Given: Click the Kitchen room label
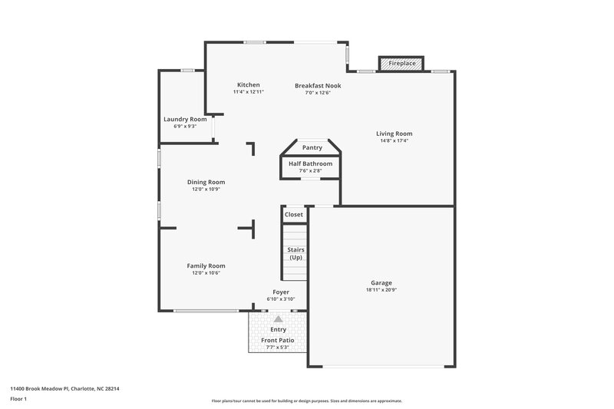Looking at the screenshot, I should [x=248, y=84].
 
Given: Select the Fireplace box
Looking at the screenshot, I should [x=401, y=64].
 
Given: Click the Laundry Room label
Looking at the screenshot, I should [x=185, y=119].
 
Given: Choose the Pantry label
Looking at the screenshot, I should [x=312, y=147].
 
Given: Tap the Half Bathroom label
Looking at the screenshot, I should [x=311, y=164].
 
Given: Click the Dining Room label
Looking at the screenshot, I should [x=206, y=182].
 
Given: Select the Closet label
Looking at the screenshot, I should [x=294, y=215].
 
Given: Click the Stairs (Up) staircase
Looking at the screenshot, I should [x=295, y=253].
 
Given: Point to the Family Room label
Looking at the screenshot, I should [x=206, y=266].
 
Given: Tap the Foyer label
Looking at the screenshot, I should [x=281, y=292].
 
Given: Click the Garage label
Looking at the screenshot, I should [x=381, y=282].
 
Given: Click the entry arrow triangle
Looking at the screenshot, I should [x=278, y=318].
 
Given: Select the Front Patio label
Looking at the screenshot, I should [x=278, y=340].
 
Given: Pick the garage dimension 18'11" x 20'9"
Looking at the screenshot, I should [x=381, y=290].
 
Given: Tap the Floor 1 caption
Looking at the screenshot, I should [x=19, y=400].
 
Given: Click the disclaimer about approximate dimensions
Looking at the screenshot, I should [x=306, y=401].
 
